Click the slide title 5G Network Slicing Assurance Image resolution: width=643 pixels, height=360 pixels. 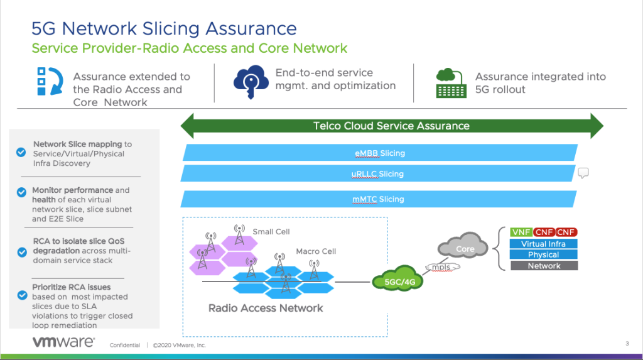164,28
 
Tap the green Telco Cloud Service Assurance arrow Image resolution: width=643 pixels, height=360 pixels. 391,126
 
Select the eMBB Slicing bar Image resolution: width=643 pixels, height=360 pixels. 379,153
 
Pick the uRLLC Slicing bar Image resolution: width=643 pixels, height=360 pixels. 377,174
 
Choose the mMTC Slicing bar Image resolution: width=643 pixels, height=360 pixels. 377,199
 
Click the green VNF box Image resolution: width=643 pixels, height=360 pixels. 521,232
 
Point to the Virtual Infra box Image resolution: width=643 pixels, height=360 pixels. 544,244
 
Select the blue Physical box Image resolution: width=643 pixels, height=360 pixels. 544,254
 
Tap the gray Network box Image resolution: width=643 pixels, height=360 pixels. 544,266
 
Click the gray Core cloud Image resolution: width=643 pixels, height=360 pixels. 465,249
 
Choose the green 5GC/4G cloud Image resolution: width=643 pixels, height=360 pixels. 397,281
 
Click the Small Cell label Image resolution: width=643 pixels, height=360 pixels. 271,231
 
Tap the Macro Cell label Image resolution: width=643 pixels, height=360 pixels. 316,251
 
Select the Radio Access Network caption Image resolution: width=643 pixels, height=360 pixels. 266,308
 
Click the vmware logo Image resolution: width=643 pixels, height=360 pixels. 63,342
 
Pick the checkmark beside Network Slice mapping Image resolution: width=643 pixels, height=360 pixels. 21,152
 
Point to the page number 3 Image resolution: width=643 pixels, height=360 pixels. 627,343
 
